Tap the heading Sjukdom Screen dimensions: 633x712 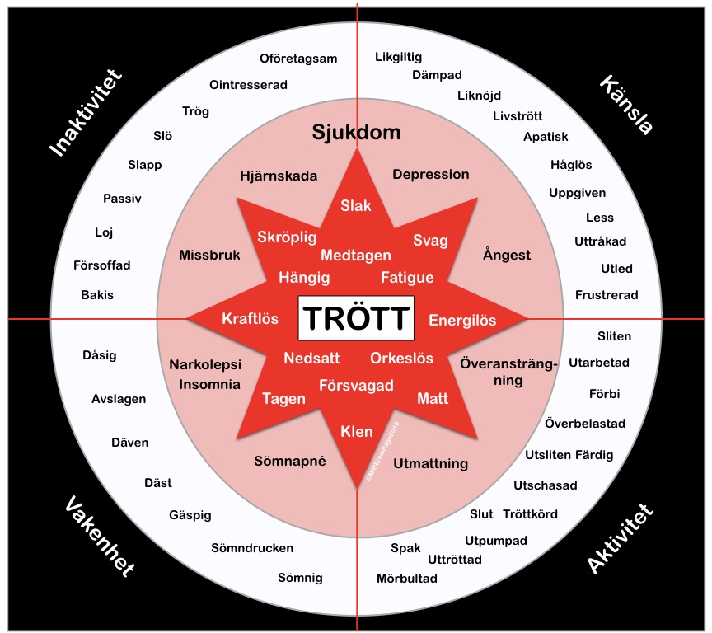click(x=356, y=133)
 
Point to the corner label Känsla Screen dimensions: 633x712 click(x=626, y=105)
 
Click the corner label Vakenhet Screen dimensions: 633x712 click(x=98, y=537)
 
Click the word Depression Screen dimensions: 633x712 click(x=430, y=175)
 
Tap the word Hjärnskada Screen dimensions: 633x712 click(x=278, y=176)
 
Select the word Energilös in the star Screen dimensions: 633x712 click(x=462, y=320)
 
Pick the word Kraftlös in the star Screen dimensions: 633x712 click(x=250, y=319)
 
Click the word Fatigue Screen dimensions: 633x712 click(x=407, y=277)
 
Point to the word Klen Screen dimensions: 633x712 click(x=357, y=431)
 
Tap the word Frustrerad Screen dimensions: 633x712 click(x=607, y=294)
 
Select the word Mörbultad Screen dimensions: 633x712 click(x=407, y=578)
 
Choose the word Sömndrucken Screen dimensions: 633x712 click(x=252, y=548)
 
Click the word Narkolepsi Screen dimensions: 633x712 click(x=204, y=363)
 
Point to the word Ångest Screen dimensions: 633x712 click(x=507, y=255)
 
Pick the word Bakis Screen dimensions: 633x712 click(x=97, y=294)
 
